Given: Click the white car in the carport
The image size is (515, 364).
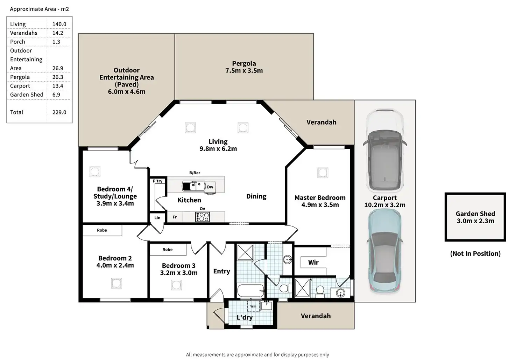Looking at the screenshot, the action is [385, 150].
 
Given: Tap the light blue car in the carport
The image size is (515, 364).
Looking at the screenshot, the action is [385, 251].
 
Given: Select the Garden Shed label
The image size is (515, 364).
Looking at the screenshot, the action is [475, 213].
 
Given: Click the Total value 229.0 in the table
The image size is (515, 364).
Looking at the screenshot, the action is [59, 112].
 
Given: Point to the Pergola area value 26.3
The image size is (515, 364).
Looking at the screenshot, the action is [58, 77].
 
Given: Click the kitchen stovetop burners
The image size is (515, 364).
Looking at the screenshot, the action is [202, 217].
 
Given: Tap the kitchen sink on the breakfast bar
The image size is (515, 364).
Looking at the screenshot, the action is [193, 186].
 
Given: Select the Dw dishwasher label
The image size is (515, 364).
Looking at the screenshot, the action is [210, 187].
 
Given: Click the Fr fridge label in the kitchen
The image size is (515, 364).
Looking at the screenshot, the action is [175, 217].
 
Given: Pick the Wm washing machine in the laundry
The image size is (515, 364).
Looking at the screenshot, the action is [253, 306].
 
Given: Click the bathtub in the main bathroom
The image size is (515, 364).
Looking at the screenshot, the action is [251, 291].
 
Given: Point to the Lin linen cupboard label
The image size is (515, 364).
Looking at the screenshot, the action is [157, 218].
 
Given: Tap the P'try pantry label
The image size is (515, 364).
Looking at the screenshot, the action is [157, 181].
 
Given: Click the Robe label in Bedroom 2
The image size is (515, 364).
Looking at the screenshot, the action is [102, 230].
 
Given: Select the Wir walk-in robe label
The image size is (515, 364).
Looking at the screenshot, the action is [313, 262].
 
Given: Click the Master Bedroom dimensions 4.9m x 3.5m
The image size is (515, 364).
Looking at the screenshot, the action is [320, 205].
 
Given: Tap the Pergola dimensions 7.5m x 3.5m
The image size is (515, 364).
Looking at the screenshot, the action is [244, 71].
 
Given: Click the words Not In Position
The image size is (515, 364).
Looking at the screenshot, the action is [475, 253].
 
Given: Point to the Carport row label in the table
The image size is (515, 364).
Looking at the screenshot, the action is [20, 86].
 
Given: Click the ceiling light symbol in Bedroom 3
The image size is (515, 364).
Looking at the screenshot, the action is [176, 285].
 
